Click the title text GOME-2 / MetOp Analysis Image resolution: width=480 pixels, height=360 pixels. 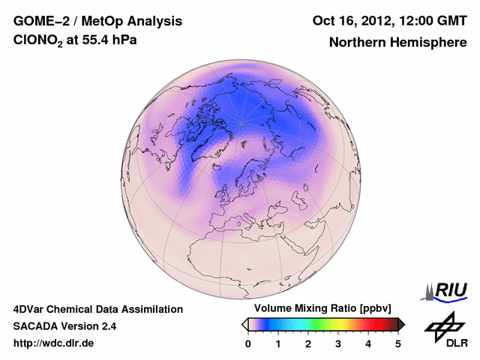[98, 21]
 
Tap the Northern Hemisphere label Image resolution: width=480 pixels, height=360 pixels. [397, 42]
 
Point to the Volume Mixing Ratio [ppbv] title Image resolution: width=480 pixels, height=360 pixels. [319, 309]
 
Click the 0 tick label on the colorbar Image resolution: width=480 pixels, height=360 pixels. [248, 343]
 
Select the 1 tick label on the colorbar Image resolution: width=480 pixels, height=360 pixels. [278, 343]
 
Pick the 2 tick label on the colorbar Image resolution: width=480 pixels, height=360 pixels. [308, 343]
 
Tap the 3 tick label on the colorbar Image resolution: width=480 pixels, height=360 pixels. [338, 343]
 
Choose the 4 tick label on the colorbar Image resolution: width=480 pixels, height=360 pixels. [368, 343]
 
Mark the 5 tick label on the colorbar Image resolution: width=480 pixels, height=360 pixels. [398, 343]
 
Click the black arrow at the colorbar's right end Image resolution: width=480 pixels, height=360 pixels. [402, 324]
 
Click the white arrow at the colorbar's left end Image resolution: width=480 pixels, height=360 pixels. [244, 324]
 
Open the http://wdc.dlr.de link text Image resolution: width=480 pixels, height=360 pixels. [54, 343]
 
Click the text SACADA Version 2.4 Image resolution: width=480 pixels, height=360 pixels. [64, 326]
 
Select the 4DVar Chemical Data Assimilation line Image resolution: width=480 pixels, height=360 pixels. [97, 309]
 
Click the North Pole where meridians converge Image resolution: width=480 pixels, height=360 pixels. [241, 122]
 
